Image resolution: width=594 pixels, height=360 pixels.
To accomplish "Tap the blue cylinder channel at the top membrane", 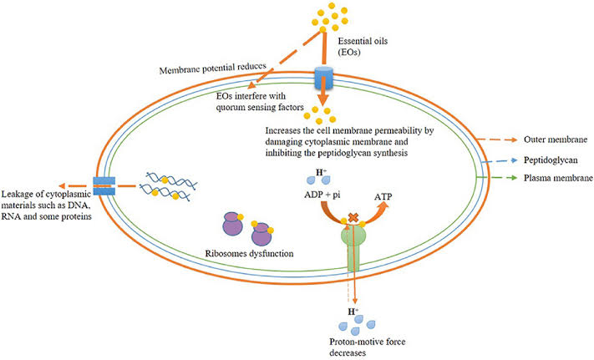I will coord(322,82).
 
